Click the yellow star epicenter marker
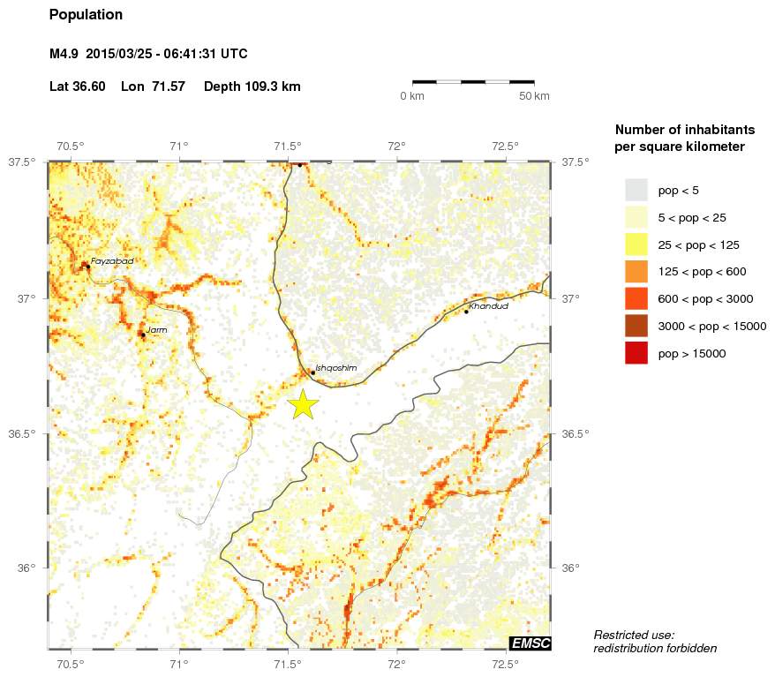pyautogui.click(x=302, y=403)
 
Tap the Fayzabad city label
pyautogui.click(x=112, y=261)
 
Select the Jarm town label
pyautogui.click(x=156, y=329)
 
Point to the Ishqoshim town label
pyautogui.click(x=335, y=367)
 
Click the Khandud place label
pyautogui.click(x=489, y=305)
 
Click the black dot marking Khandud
pyautogui.click(x=466, y=312)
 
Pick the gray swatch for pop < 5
pyautogui.click(x=636, y=190)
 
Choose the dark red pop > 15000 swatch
pyautogui.click(x=636, y=353)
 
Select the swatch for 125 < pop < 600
pyautogui.click(x=636, y=272)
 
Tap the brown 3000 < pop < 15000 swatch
pyautogui.click(x=636, y=326)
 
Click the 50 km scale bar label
pyautogui.click(x=535, y=95)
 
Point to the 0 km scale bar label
pyautogui.click(x=412, y=95)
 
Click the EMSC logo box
pyautogui.click(x=530, y=643)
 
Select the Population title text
pyautogui.click(x=86, y=15)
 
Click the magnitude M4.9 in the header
pyautogui.click(x=64, y=54)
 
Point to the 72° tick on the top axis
pyautogui.click(x=396, y=146)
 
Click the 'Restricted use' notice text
pyautogui.click(x=634, y=635)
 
